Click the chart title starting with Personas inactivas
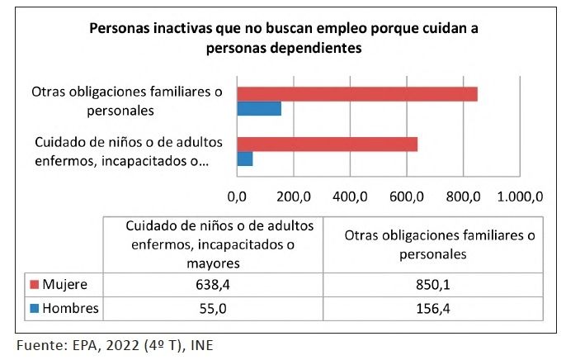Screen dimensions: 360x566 pos(285,37)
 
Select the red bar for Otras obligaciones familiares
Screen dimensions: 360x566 pos(356,93)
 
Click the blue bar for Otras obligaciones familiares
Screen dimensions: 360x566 pos(259,109)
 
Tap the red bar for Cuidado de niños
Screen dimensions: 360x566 pos(327,144)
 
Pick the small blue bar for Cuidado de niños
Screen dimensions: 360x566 pos(245,159)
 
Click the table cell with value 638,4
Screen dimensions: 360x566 pos(211,285)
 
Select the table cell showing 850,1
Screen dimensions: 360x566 pos(432,285)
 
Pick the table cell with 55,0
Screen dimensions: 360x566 pos(211,309)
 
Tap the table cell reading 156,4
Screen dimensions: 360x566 pos(432,309)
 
